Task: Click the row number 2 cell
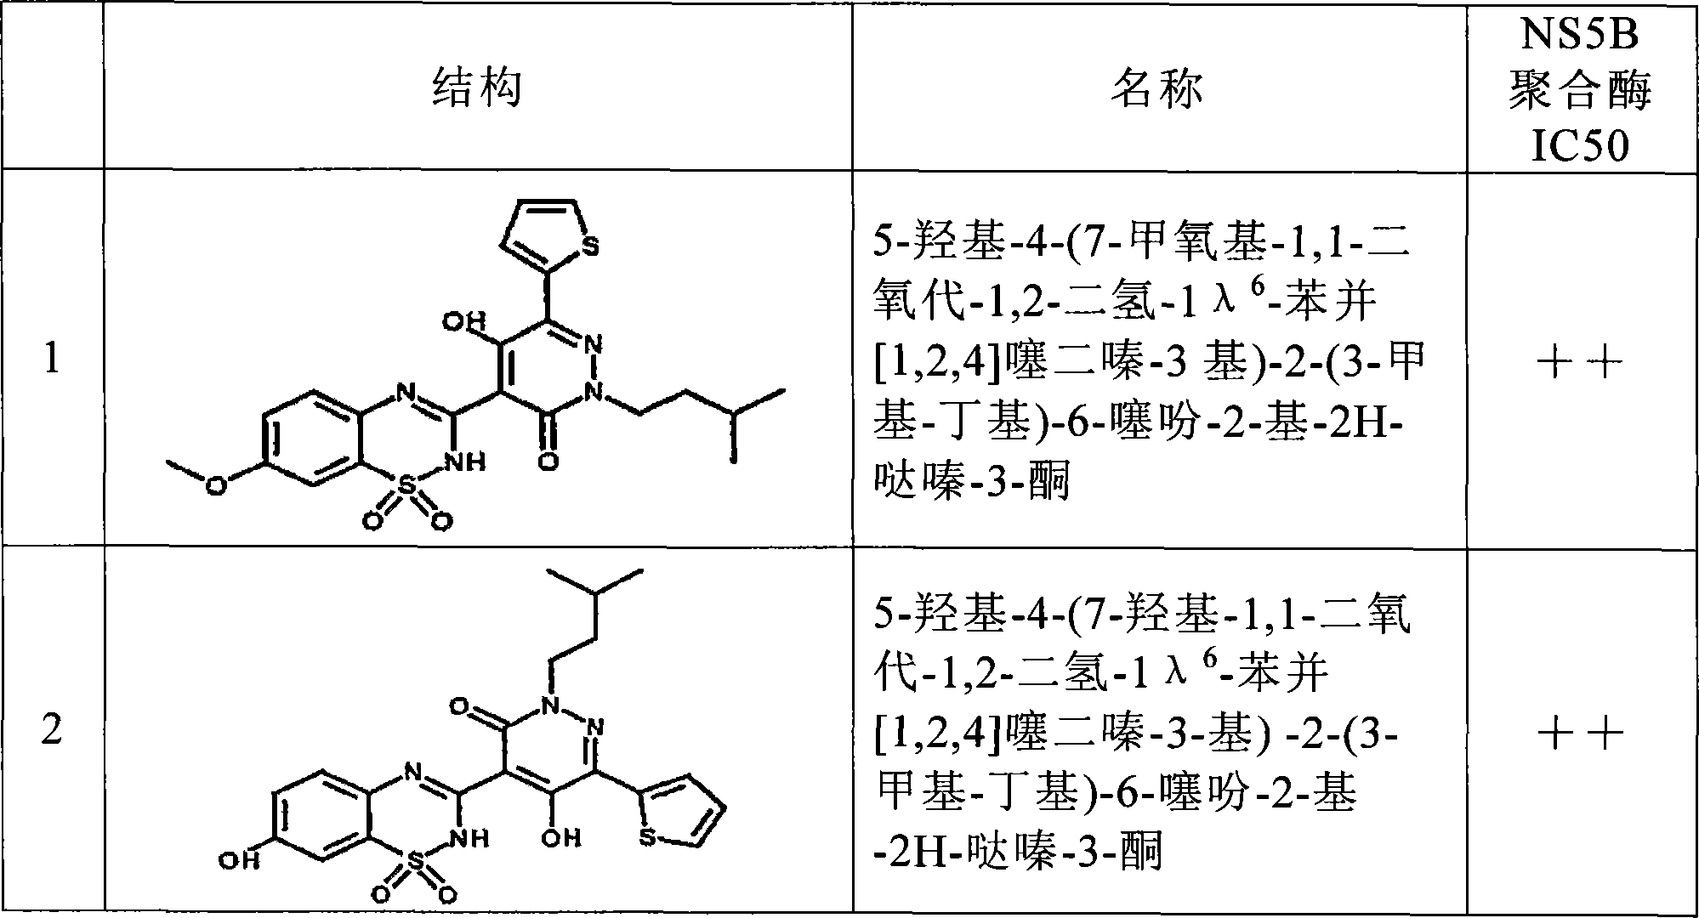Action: pyautogui.click(x=52, y=729)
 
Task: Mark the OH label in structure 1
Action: pyautogui.click(x=464, y=322)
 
